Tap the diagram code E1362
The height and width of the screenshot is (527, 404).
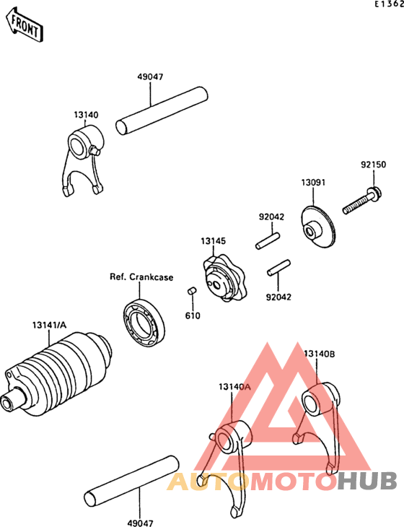tap(387, 5)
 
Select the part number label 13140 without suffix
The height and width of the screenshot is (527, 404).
tap(86, 114)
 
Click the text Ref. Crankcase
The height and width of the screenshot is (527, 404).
tap(141, 276)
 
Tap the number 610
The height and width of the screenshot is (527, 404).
tap(193, 315)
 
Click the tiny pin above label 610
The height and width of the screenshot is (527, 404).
tap(193, 291)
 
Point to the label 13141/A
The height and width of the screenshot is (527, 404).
tap(48, 325)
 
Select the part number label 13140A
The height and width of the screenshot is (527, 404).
tap(234, 386)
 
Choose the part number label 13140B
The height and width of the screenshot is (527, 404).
tap(319, 354)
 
